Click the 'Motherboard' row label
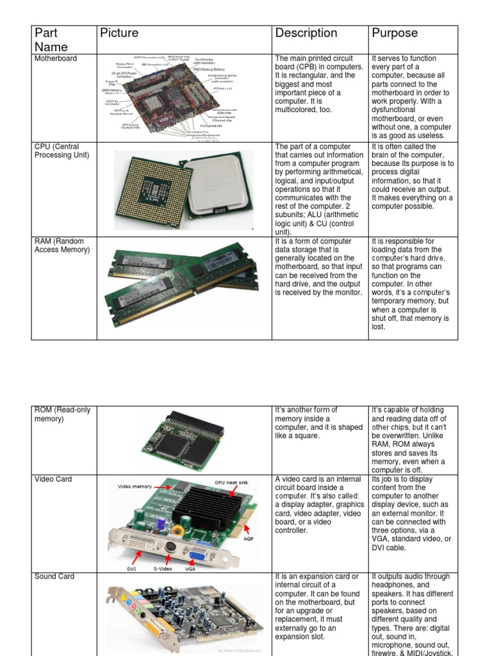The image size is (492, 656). (x=56, y=58)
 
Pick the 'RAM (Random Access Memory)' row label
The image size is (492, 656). (x=62, y=245)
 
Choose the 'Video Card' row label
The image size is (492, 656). (x=53, y=479)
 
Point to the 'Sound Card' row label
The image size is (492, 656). (x=55, y=577)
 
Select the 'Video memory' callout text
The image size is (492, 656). (x=134, y=487)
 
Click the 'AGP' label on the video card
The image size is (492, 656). (x=249, y=539)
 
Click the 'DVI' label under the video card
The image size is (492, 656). (x=132, y=568)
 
